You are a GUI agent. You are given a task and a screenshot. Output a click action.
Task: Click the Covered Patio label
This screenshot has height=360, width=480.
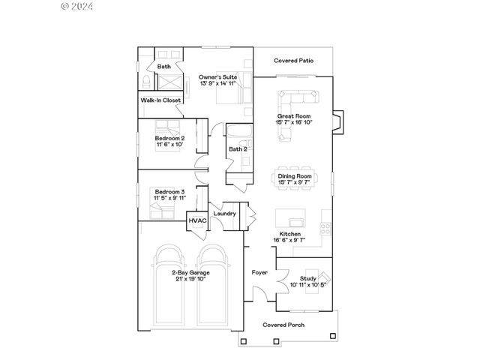click(x=293, y=60)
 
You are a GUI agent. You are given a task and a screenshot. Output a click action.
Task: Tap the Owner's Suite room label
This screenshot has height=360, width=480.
click(x=217, y=76)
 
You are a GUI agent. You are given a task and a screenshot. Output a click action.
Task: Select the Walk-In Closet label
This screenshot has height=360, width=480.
click(x=160, y=100)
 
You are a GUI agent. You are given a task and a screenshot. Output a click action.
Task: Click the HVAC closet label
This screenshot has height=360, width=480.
click(x=197, y=220)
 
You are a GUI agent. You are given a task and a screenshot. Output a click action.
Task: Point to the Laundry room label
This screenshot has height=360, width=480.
click(x=225, y=214)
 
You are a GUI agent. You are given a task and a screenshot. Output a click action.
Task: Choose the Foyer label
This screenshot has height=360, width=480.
click(x=259, y=273)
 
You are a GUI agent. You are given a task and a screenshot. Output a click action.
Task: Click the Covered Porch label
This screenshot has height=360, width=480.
click(x=282, y=325)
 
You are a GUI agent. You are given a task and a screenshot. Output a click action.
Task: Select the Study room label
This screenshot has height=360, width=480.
click(x=308, y=278)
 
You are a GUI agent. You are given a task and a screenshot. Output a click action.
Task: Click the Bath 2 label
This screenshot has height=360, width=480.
click(x=238, y=148)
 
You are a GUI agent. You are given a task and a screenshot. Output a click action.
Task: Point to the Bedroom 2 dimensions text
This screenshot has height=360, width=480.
click(x=169, y=144)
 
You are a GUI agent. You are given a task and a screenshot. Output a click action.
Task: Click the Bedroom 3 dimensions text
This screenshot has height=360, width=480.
click(x=169, y=198)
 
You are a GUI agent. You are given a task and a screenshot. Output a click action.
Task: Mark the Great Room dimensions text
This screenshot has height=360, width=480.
click(x=295, y=122)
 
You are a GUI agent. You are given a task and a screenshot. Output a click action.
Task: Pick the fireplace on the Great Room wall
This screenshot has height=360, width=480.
click(x=338, y=123)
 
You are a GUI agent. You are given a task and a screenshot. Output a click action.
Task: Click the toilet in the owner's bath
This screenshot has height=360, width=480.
click(x=145, y=82)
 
